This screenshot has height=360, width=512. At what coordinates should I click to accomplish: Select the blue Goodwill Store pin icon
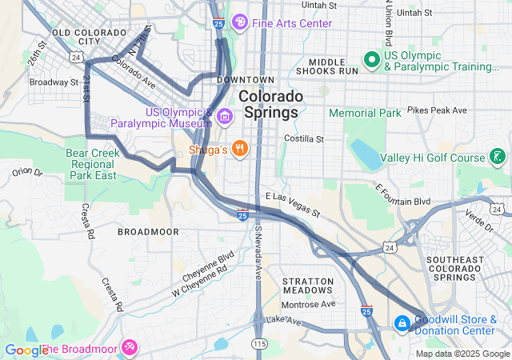click(x=402, y=324)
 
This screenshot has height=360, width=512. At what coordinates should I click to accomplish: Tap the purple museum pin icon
click(x=225, y=118)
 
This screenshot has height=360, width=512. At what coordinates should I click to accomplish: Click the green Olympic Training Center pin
click(x=371, y=59)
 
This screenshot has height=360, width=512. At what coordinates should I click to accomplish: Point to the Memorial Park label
click(x=365, y=113)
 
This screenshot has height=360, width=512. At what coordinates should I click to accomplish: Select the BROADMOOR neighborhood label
click(x=143, y=231)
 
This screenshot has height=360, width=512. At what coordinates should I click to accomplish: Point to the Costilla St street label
click(x=304, y=138)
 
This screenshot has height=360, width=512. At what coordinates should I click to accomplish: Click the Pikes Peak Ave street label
click(x=436, y=109)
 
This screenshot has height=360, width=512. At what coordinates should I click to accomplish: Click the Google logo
click(x=26, y=350)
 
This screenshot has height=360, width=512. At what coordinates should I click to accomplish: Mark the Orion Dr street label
click(x=26, y=171)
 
